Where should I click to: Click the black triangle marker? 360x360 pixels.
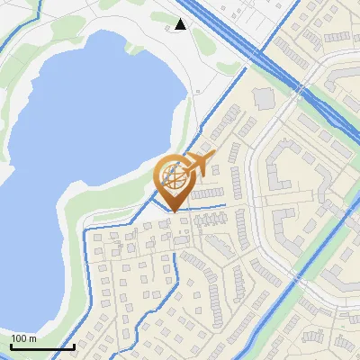pos(180,24)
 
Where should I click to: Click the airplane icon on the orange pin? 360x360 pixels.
pos(200,164)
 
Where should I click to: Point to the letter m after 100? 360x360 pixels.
pos(33,338)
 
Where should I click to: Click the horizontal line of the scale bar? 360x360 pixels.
pos(41,346)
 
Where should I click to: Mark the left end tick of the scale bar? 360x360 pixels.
pos(11,345)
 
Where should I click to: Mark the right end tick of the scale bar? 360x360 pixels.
pos(73,345)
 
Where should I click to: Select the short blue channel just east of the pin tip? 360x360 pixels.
pos(207,210)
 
